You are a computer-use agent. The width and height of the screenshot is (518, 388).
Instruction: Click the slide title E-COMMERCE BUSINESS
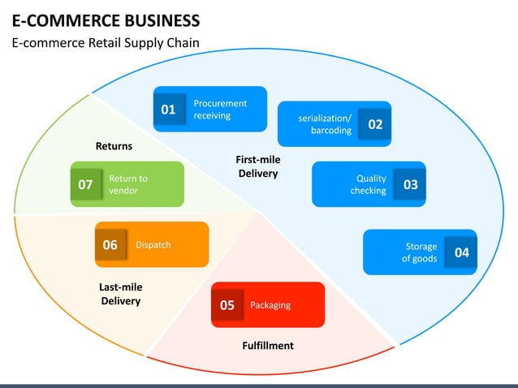pos(106,19)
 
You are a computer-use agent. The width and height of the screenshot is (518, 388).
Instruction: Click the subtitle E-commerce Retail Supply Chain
pos(106,43)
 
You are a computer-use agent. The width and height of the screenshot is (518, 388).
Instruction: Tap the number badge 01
pos(168,110)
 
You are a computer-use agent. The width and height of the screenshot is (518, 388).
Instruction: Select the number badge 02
pos(375,124)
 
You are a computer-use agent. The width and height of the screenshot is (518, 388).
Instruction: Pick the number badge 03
pos(410,185)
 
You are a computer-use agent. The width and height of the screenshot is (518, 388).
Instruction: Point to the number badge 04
pos(461,252)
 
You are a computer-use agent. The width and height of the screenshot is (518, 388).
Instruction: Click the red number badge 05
pos(227,305)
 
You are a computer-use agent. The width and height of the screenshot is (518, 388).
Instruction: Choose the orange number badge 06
pos(110,244)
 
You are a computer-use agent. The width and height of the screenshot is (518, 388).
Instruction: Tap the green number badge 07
pos(85,185)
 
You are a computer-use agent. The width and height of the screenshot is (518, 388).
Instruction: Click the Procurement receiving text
pos(219,110)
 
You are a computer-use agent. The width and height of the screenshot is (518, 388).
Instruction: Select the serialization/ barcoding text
pos(326,124)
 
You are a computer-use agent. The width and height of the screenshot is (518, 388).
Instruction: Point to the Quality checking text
pos(369,185)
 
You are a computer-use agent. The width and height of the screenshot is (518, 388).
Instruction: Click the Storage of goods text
pos(420,252)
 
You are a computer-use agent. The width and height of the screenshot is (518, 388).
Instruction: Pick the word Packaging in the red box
pos(270,305)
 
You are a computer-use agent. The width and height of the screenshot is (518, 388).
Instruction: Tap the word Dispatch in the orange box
pos(153,244)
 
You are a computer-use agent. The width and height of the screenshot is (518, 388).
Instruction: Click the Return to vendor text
pos(128,184)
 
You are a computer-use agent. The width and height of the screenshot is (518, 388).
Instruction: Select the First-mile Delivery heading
pos(258,166)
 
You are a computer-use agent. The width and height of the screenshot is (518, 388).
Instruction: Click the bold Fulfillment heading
pos(268,346)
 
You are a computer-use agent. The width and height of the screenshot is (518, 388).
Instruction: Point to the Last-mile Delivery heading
pos(121,294)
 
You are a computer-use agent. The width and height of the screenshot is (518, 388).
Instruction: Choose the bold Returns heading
pos(114,146)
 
